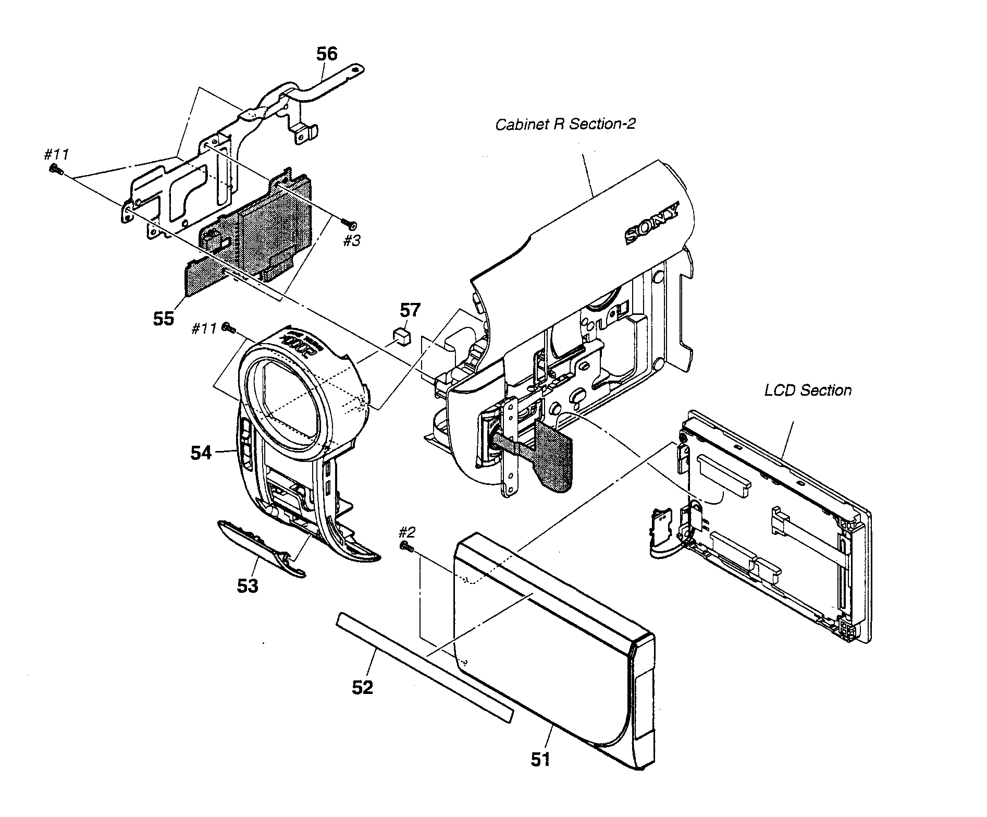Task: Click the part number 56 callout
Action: [x=326, y=54]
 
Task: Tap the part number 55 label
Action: [x=163, y=318]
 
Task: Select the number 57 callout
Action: [x=409, y=311]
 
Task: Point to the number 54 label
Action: [x=201, y=453]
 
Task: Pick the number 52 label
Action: [x=363, y=688]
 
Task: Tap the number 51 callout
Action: [x=540, y=760]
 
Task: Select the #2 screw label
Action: [x=407, y=532]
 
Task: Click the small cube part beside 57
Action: [x=400, y=335]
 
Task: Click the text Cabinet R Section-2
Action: [x=565, y=125]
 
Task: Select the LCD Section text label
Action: [x=807, y=391]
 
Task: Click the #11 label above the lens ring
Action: [x=204, y=329]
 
